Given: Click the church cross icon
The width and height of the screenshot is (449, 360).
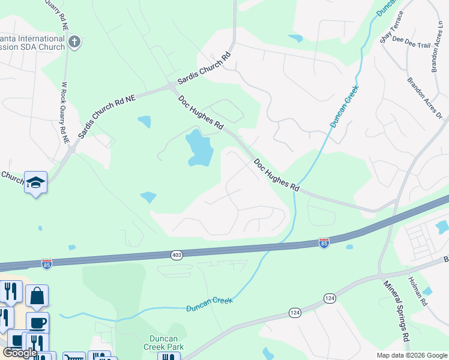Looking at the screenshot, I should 74,41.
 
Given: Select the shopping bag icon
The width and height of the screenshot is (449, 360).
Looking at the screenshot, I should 37,296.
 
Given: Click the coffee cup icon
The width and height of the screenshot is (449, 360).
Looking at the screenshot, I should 37,323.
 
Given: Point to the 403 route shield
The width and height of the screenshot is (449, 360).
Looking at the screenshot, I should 176,254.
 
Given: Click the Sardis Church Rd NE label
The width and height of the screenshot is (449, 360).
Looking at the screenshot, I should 107,111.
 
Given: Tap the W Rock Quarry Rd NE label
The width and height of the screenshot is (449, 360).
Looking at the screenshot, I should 65,112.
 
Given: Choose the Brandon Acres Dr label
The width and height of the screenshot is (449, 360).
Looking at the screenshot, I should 424,98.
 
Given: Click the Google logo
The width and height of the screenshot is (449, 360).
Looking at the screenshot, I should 20,353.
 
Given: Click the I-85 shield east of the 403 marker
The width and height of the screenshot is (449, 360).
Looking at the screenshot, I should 324,243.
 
